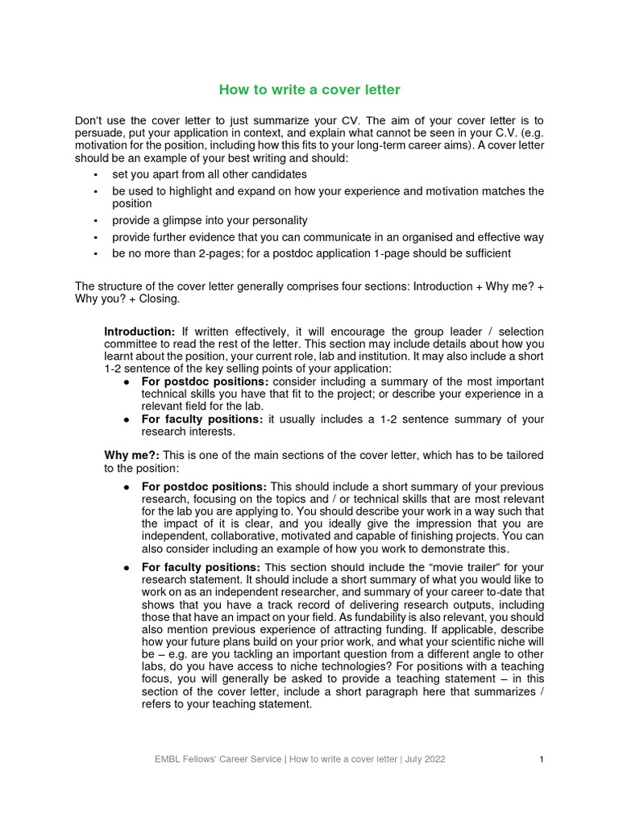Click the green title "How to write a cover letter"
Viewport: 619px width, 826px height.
(309, 90)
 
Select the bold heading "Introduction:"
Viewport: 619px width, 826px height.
(139, 332)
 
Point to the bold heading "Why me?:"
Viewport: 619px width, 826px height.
(132, 456)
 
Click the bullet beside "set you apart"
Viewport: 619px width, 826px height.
(95, 174)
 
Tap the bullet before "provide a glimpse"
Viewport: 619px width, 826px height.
(95, 221)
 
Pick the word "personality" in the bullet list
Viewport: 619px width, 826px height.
(278, 220)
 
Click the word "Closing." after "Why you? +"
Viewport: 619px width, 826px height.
(160, 298)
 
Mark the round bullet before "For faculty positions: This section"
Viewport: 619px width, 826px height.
(127, 567)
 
